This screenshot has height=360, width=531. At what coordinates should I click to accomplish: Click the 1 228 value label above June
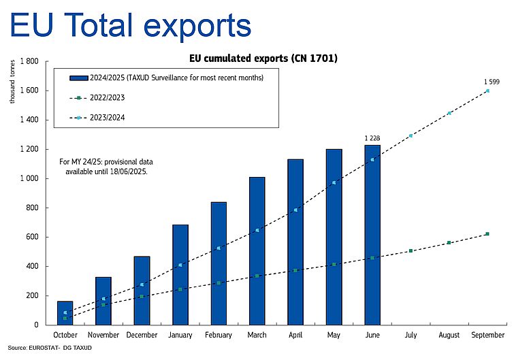click(372, 138)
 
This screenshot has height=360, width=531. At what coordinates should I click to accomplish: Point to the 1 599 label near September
click(492, 82)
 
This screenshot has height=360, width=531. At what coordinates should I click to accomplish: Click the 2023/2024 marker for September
click(488, 91)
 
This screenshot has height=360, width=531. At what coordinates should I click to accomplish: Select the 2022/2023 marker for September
click(488, 234)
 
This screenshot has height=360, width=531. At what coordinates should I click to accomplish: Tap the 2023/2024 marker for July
click(411, 135)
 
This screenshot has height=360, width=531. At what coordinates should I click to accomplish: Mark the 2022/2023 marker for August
click(449, 242)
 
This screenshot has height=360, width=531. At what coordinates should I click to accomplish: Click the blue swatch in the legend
click(80, 78)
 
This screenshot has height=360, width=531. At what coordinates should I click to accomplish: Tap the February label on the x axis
click(219, 336)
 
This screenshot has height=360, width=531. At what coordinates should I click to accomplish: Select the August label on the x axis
click(449, 336)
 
